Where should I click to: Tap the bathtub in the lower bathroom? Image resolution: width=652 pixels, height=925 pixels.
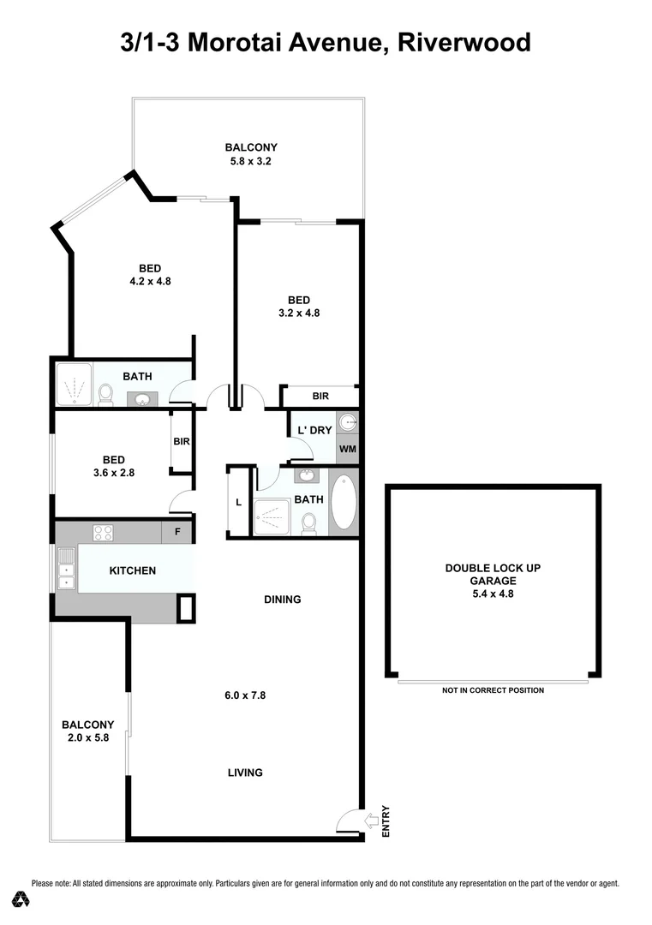click(344, 502)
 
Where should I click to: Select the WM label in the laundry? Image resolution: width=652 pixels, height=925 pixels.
click(347, 449)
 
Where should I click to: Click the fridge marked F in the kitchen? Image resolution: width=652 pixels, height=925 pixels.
click(177, 532)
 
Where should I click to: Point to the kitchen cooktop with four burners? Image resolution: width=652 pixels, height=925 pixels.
click(104, 532)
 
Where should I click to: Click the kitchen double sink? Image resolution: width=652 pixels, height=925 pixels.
click(65, 570)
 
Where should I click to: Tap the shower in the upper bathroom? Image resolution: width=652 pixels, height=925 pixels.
click(75, 385)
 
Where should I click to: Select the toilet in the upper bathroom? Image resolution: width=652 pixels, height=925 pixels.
click(105, 393)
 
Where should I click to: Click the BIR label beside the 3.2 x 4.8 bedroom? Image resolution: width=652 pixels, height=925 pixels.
click(320, 397)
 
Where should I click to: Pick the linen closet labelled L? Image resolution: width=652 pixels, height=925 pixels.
click(238, 503)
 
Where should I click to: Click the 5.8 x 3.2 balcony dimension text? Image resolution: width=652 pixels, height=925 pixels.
click(250, 161)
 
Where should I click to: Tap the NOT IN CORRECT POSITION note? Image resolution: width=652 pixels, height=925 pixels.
click(493, 690)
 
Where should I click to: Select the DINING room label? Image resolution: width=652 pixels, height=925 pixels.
click(282, 600)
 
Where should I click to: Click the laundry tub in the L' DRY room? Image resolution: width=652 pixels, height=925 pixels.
click(347, 422)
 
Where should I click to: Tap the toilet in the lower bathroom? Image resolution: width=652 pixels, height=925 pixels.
click(308, 522)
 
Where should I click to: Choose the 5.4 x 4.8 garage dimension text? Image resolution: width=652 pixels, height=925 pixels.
click(493, 593)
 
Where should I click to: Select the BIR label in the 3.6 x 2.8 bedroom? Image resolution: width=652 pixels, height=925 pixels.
click(181, 442)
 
